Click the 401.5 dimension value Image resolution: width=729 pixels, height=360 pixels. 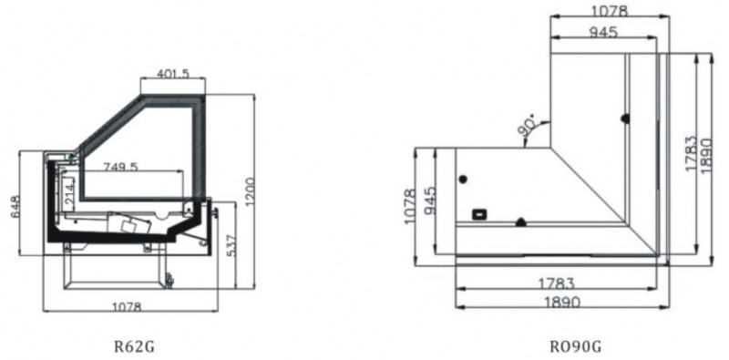point(173,74)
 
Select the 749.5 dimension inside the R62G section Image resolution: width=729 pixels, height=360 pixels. point(120,167)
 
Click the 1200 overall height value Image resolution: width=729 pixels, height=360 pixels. point(249,191)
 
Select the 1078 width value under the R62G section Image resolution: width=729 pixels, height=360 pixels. point(127,307)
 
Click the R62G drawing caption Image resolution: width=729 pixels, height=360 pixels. point(134,346)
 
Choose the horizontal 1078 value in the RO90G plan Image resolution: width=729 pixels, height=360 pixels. point(610,11)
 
